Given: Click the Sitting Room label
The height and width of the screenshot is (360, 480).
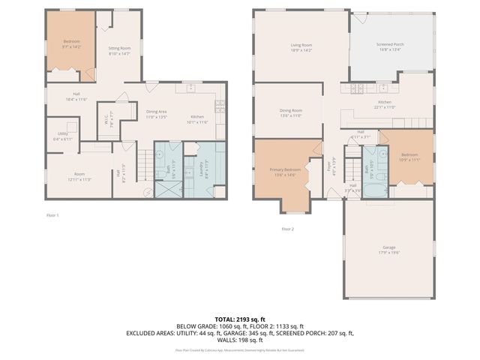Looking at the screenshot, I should [x=119, y=49].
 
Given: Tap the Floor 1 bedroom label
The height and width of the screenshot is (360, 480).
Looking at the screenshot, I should [x=71, y=43].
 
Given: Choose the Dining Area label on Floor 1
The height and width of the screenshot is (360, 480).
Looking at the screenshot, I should [x=157, y=114].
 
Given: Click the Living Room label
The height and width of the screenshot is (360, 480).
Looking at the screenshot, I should [x=301, y=47].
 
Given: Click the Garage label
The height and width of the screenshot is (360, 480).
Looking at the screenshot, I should [x=388, y=249].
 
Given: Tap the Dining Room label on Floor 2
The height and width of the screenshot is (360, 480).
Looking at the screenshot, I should [x=290, y=112].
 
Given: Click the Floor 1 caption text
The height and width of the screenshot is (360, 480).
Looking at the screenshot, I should [x=52, y=215].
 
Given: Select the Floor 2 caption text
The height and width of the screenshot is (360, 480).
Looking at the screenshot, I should [x=288, y=229].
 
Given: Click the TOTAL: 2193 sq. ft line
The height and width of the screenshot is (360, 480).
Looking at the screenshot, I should [x=240, y=319].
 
